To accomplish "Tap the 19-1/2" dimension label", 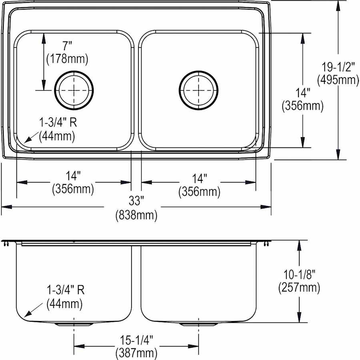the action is pyautogui.click(x=338, y=67).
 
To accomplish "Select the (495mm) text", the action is pyautogui.click(x=338, y=80).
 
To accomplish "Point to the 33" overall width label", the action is pyautogui.click(x=136, y=201).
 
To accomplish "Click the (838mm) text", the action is pyautogui.click(x=136, y=215).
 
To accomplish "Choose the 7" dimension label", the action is pyautogui.click(x=67, y=46).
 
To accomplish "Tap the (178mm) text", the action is pyautogui.click(x=67, y=59).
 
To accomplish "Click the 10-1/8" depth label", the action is pyautogui.click(x=299, y=274).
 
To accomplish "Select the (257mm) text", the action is pyautogui.click(x=299, y=288).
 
